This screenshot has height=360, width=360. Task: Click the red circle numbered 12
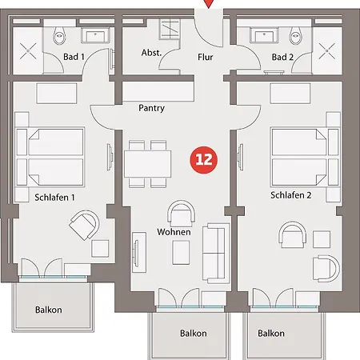204,160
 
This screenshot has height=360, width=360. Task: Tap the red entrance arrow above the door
209,3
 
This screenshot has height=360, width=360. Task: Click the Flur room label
205,57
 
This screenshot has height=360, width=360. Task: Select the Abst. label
151,53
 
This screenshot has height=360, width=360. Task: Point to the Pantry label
151,108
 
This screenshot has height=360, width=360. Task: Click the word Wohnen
174,232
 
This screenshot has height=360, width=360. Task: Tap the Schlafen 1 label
54,198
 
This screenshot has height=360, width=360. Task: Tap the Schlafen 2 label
290,195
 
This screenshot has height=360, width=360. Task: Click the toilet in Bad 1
59,35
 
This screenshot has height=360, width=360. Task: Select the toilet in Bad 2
296,35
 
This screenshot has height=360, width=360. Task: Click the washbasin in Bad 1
95,36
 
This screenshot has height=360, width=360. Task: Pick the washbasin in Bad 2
264,36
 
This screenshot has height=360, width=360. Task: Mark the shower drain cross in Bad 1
28,51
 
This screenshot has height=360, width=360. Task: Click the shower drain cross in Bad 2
327,51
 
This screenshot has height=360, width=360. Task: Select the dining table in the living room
147,164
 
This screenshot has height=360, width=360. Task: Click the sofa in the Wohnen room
216,253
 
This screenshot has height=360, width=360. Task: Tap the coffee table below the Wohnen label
181,252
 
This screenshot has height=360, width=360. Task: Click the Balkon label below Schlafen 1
49,310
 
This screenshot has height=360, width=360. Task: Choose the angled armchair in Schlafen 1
85,225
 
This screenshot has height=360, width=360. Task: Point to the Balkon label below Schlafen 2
271,334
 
